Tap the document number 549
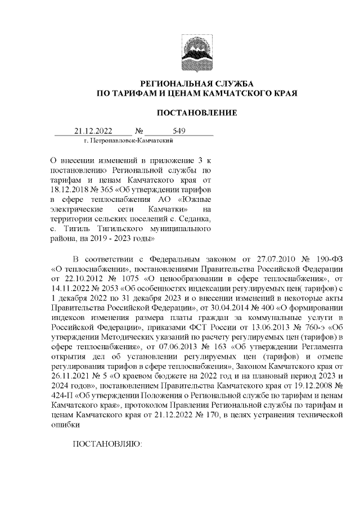pos(179,131)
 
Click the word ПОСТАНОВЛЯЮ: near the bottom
pos(109,444)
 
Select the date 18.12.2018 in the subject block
pos(71,190)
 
